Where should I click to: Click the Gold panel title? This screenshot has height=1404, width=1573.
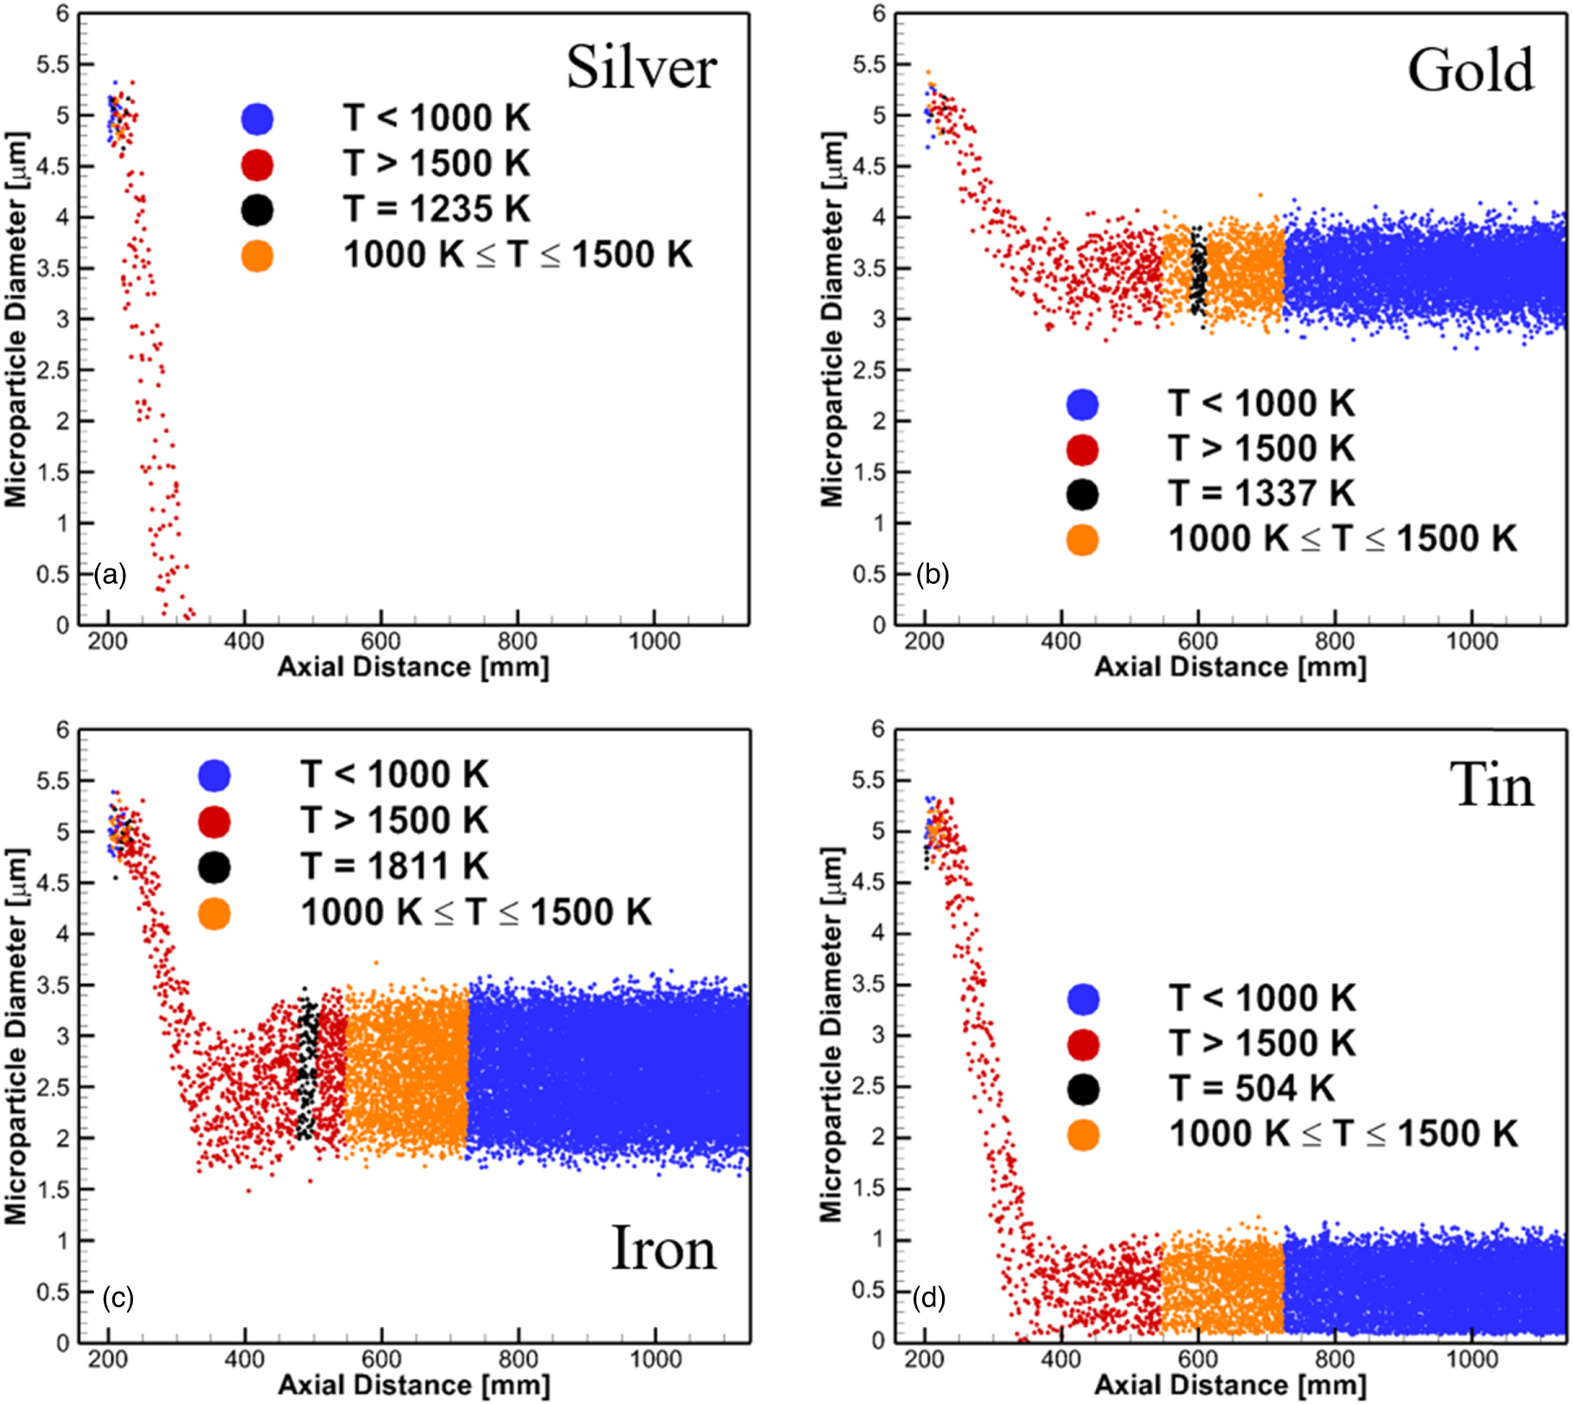pos(1470,70)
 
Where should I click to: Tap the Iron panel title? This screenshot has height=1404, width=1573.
pos(664,1248)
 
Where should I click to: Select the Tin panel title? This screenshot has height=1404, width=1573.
pos(1491,785)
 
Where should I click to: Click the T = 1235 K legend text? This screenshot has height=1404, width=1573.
pos(436,209)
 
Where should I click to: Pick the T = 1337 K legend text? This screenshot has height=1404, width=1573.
pos(1261,493)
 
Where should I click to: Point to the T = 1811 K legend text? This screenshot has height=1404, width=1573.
pos(394,866)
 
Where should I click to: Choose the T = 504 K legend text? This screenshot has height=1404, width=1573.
pos(1252,1088)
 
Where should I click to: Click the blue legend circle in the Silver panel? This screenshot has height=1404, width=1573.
pos(258,118)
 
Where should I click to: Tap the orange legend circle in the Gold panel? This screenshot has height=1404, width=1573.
pos(1082,540)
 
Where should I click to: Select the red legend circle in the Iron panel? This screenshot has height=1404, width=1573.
pos(214,821)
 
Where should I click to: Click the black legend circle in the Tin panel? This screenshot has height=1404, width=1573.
pos(1083,1089)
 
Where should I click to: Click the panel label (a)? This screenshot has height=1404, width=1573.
pos(111,575)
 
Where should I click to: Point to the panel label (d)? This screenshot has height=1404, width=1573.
pos(929,1297)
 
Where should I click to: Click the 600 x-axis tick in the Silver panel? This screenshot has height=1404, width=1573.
pos(380,642)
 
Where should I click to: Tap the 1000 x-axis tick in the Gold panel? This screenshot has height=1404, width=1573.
pos(1472,642)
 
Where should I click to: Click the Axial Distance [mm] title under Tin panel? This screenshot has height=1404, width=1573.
pos(1230,1385)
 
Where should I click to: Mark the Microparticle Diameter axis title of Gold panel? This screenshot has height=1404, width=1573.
pos(831,320)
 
